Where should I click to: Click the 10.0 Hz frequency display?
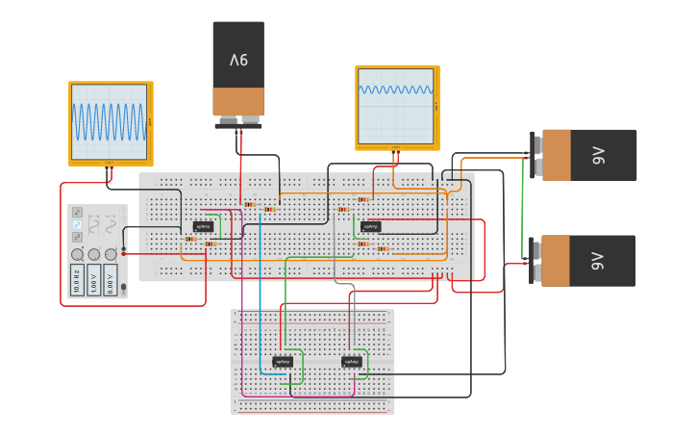(76, 280)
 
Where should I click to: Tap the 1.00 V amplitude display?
(93, 280)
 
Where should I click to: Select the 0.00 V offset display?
(111, 280)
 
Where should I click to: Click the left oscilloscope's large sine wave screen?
(110, 121)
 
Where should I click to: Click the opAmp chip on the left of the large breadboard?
(203, 226)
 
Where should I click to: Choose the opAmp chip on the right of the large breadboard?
(371, 226)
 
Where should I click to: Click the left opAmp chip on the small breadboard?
(283, 362)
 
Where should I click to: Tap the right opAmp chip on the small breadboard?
(351, 362)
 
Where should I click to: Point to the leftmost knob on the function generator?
(76, 254)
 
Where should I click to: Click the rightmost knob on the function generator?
(111, 254)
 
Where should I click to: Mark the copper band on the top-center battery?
(238, 101)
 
